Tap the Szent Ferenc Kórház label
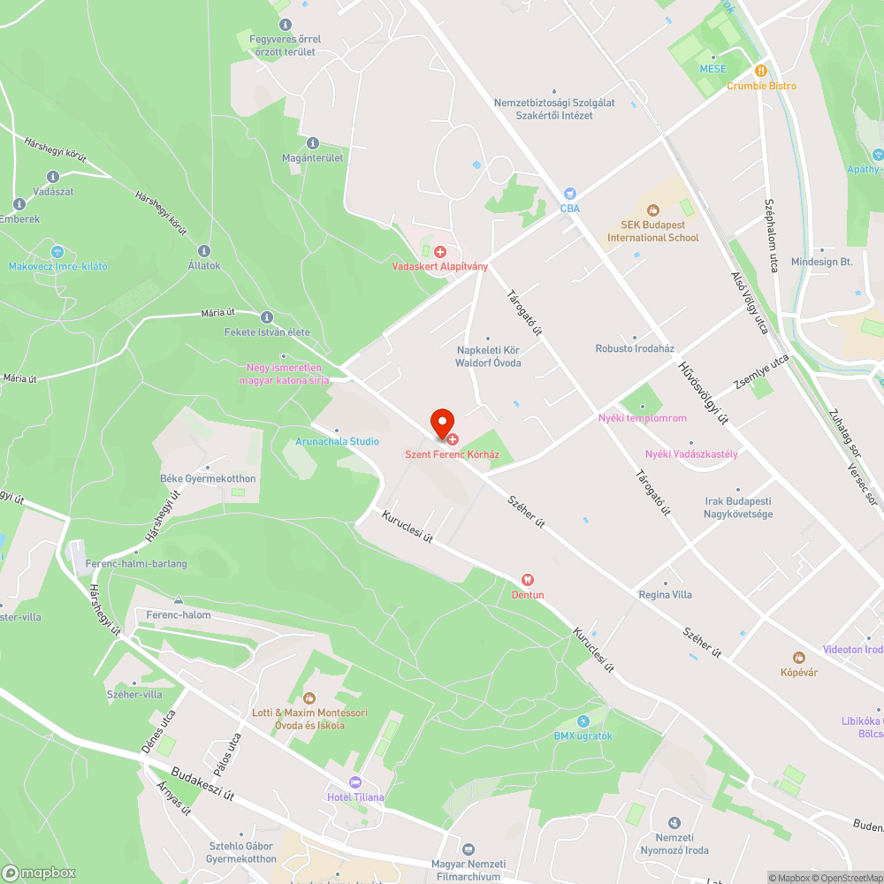[452, 454]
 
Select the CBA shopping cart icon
[569, 194]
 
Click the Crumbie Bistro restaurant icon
[759, 71]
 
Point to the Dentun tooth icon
[528, 580]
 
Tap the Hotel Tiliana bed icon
[355, 782]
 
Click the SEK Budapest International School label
[652, 232]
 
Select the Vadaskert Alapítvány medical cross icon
[439, 252]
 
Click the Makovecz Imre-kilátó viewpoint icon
[58, 251]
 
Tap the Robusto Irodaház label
[635, 348]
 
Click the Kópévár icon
[799, 658]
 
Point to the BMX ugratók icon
[583, 721]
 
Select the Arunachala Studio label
[337, 441]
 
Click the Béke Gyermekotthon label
[208, 478]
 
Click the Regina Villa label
[666, 595]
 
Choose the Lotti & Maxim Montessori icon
[309, 698]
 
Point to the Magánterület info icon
[312, 143]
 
